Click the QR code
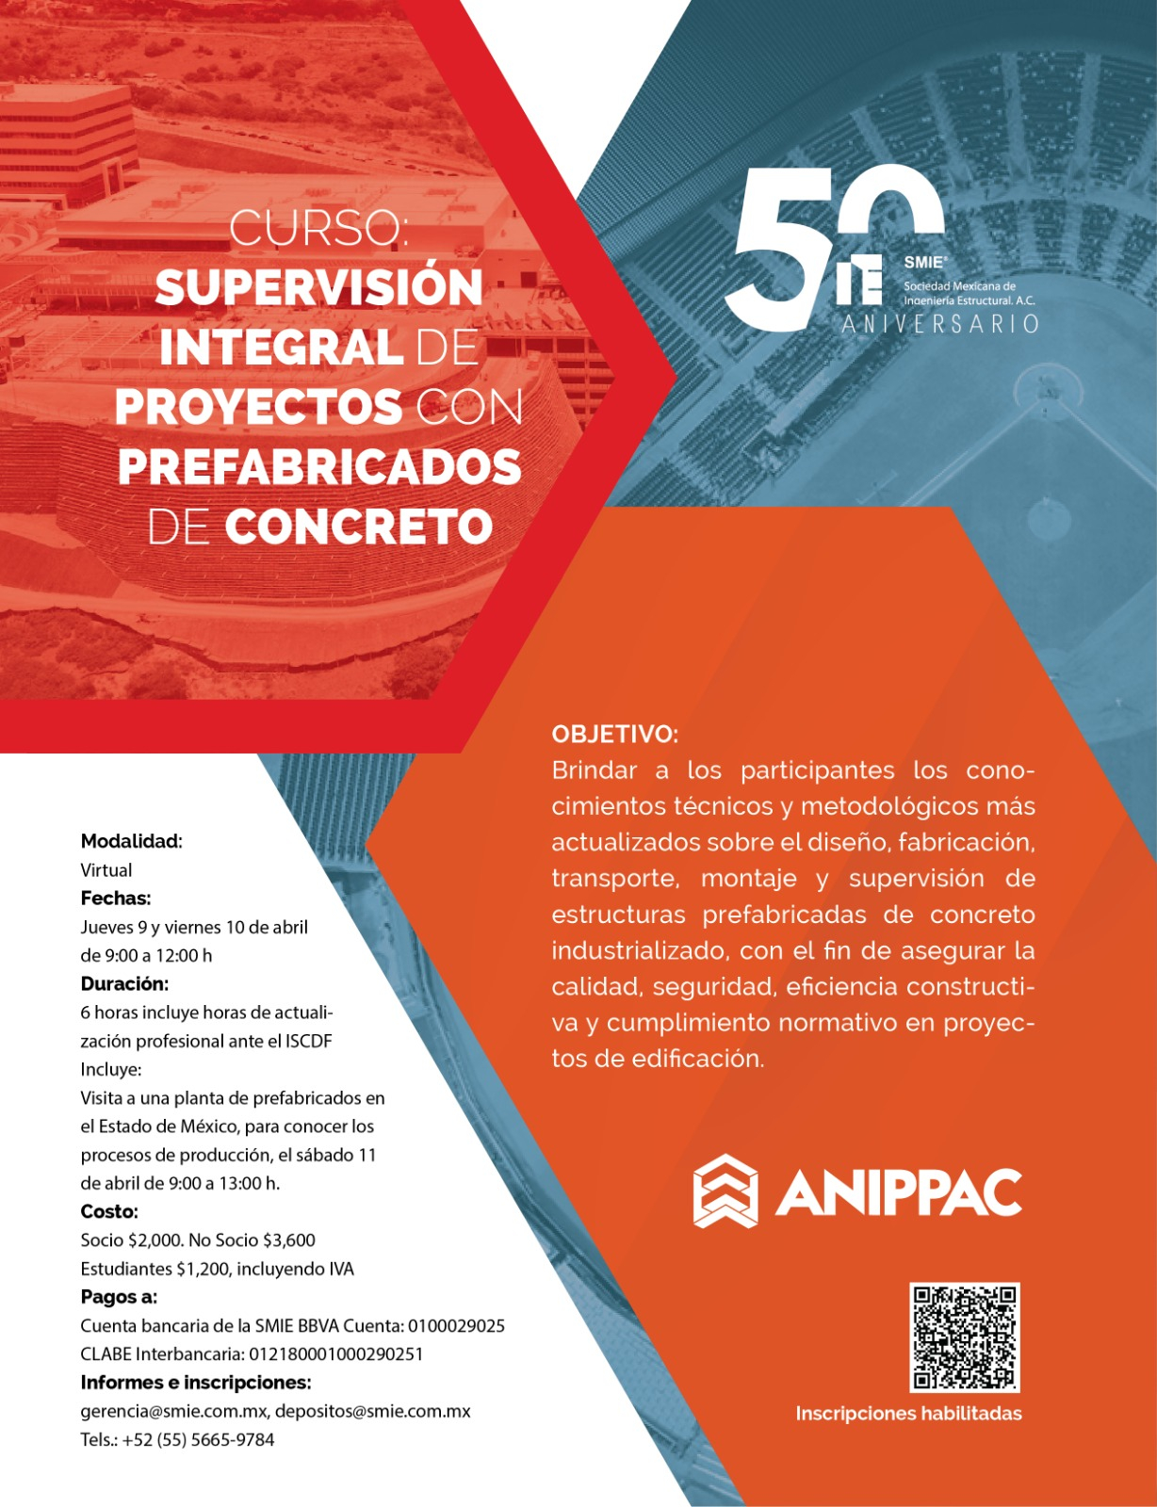pos(965,1337)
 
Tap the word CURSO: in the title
pos(318,229)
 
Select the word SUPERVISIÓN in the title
pos(318,288)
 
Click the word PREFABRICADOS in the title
pos(319,467)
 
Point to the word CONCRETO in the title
pos(359,527)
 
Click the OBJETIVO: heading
pos(614,734)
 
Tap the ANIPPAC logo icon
pos(725,1191)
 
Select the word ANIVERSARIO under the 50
pos(939,325)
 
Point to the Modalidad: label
pos(131,841)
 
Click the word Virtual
pos(106,870)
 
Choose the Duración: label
pos(124,984)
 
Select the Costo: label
pos(109,1211)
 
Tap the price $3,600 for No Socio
pos(288,1240)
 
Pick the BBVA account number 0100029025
pos(456,1326)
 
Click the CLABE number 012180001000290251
pos(335,1354)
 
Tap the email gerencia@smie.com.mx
pos(174,1411)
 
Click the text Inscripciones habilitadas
pos(908,1413)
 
